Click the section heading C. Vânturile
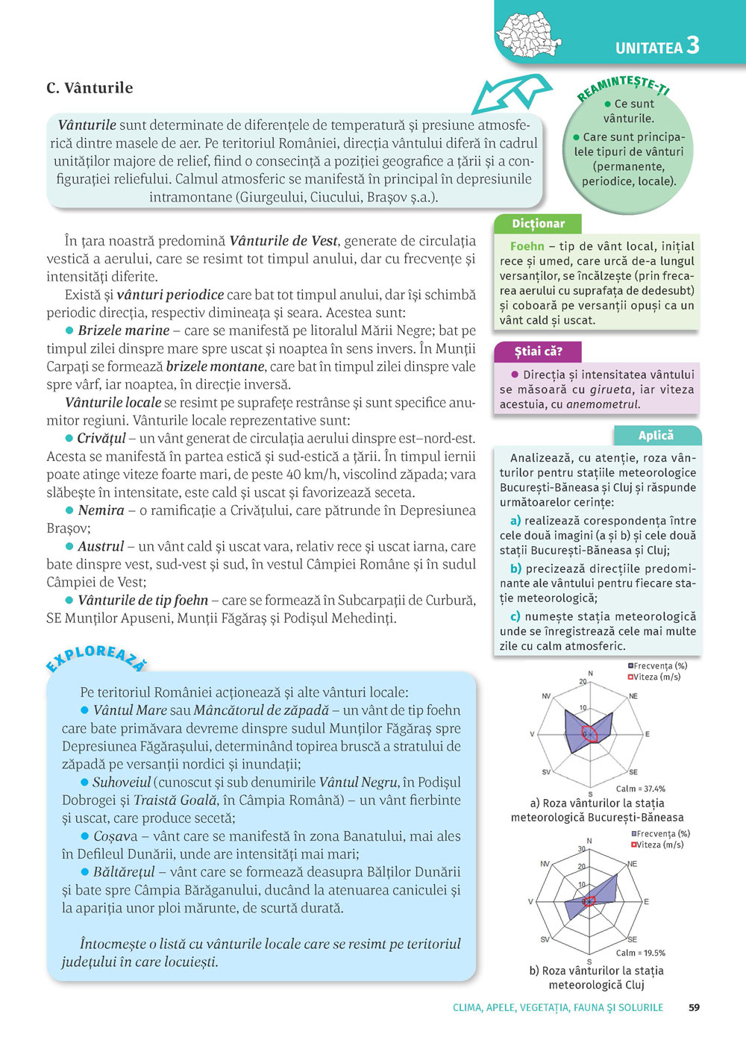[90, 88]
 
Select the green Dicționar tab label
[538, 224]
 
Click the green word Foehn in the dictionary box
[527, 246]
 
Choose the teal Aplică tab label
[656, 436]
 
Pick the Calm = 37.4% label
[640, 789]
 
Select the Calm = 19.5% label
[640, 953]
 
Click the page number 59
[694, 1007]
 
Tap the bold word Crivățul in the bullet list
[101, 439]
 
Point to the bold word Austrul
[101, 547]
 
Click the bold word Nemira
[101, 511]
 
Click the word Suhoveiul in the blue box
[122, 783]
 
